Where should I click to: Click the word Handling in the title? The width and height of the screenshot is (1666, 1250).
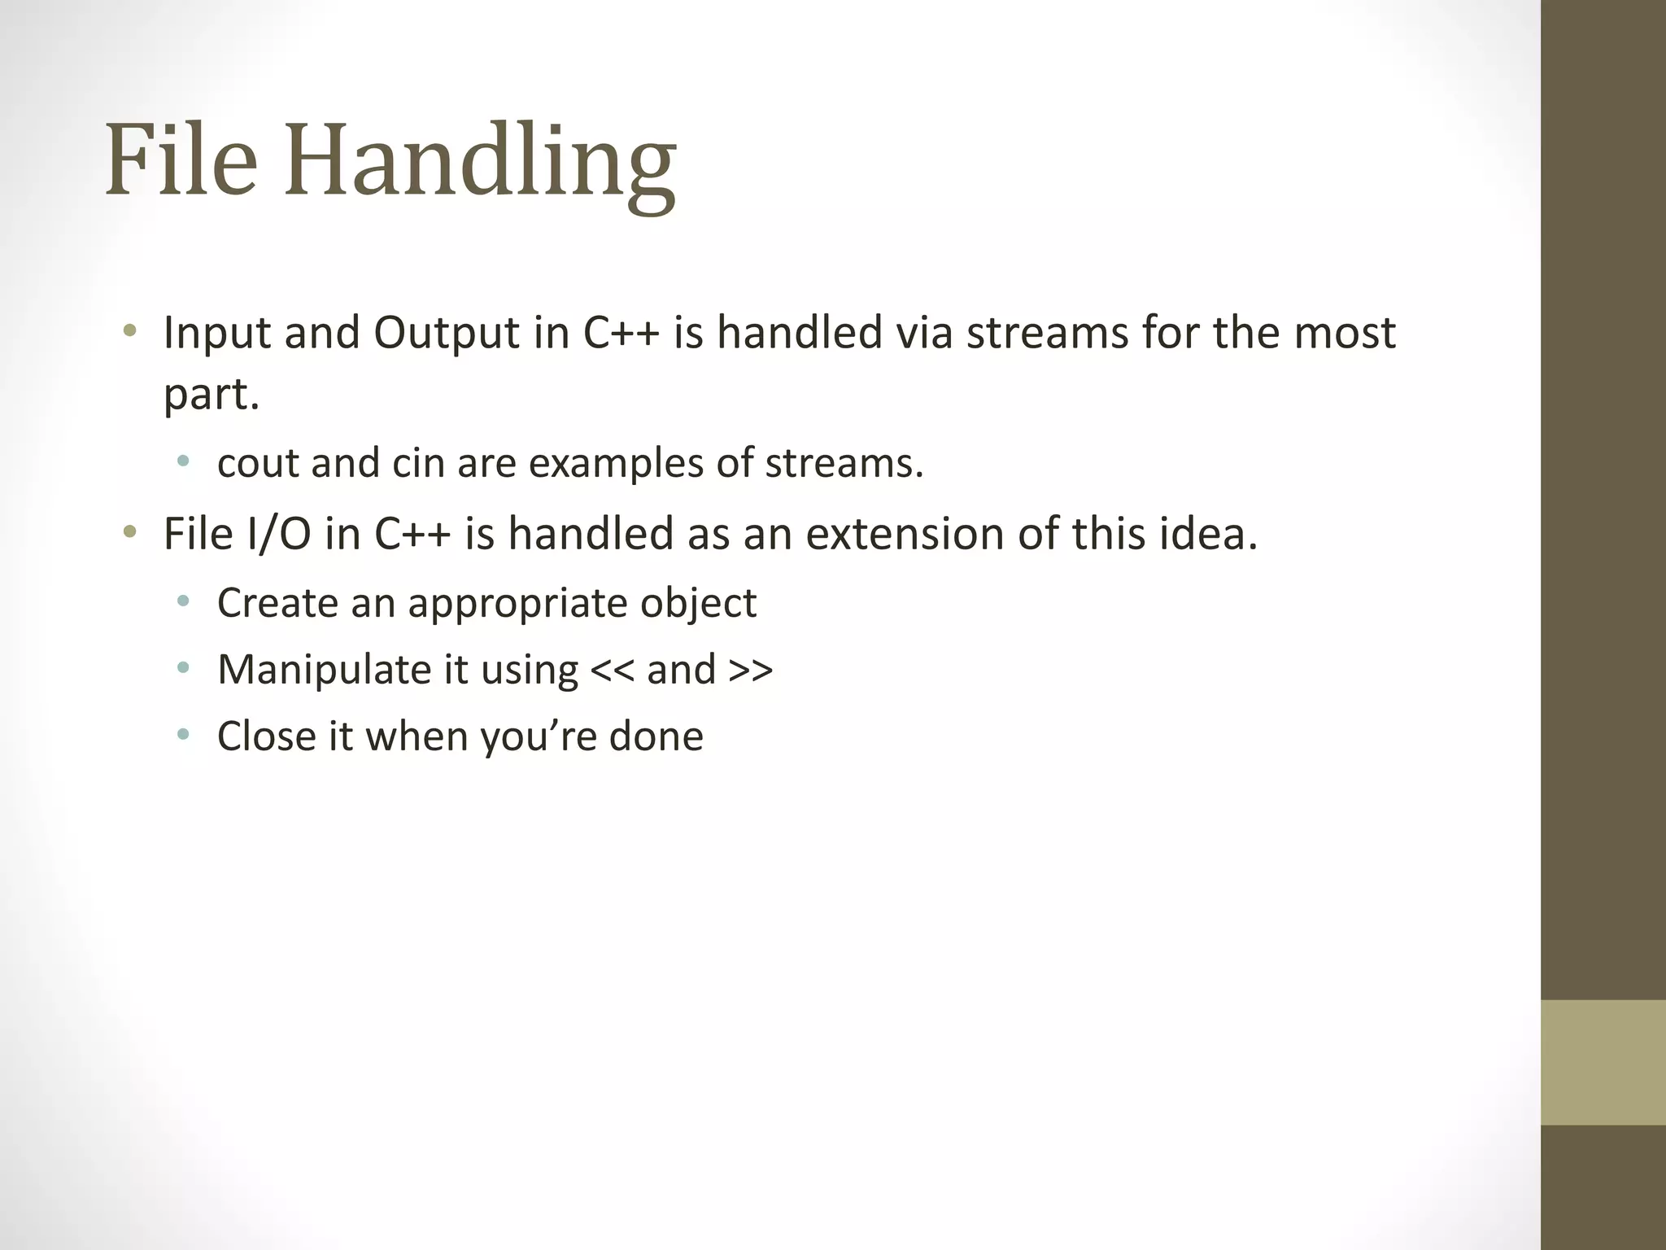pos(479,160)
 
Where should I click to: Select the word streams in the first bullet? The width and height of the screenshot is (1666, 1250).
pos(1047,333)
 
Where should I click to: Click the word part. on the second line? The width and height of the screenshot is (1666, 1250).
pos(211,395)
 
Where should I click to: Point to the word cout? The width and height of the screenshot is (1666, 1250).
pos(257,463)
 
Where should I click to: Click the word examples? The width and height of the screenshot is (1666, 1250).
pos(616,463)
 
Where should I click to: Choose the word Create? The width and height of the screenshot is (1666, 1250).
pos(277,603)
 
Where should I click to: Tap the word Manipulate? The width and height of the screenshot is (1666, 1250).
pos(324,670)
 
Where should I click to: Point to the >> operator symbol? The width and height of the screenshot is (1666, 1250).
pos(751,670)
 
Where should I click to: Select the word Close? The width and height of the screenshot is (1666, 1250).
pos(266,736)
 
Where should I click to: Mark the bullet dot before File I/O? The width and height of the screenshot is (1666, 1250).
pos(129,534)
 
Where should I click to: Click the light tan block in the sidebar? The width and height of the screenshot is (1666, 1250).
pos(1603,1062)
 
